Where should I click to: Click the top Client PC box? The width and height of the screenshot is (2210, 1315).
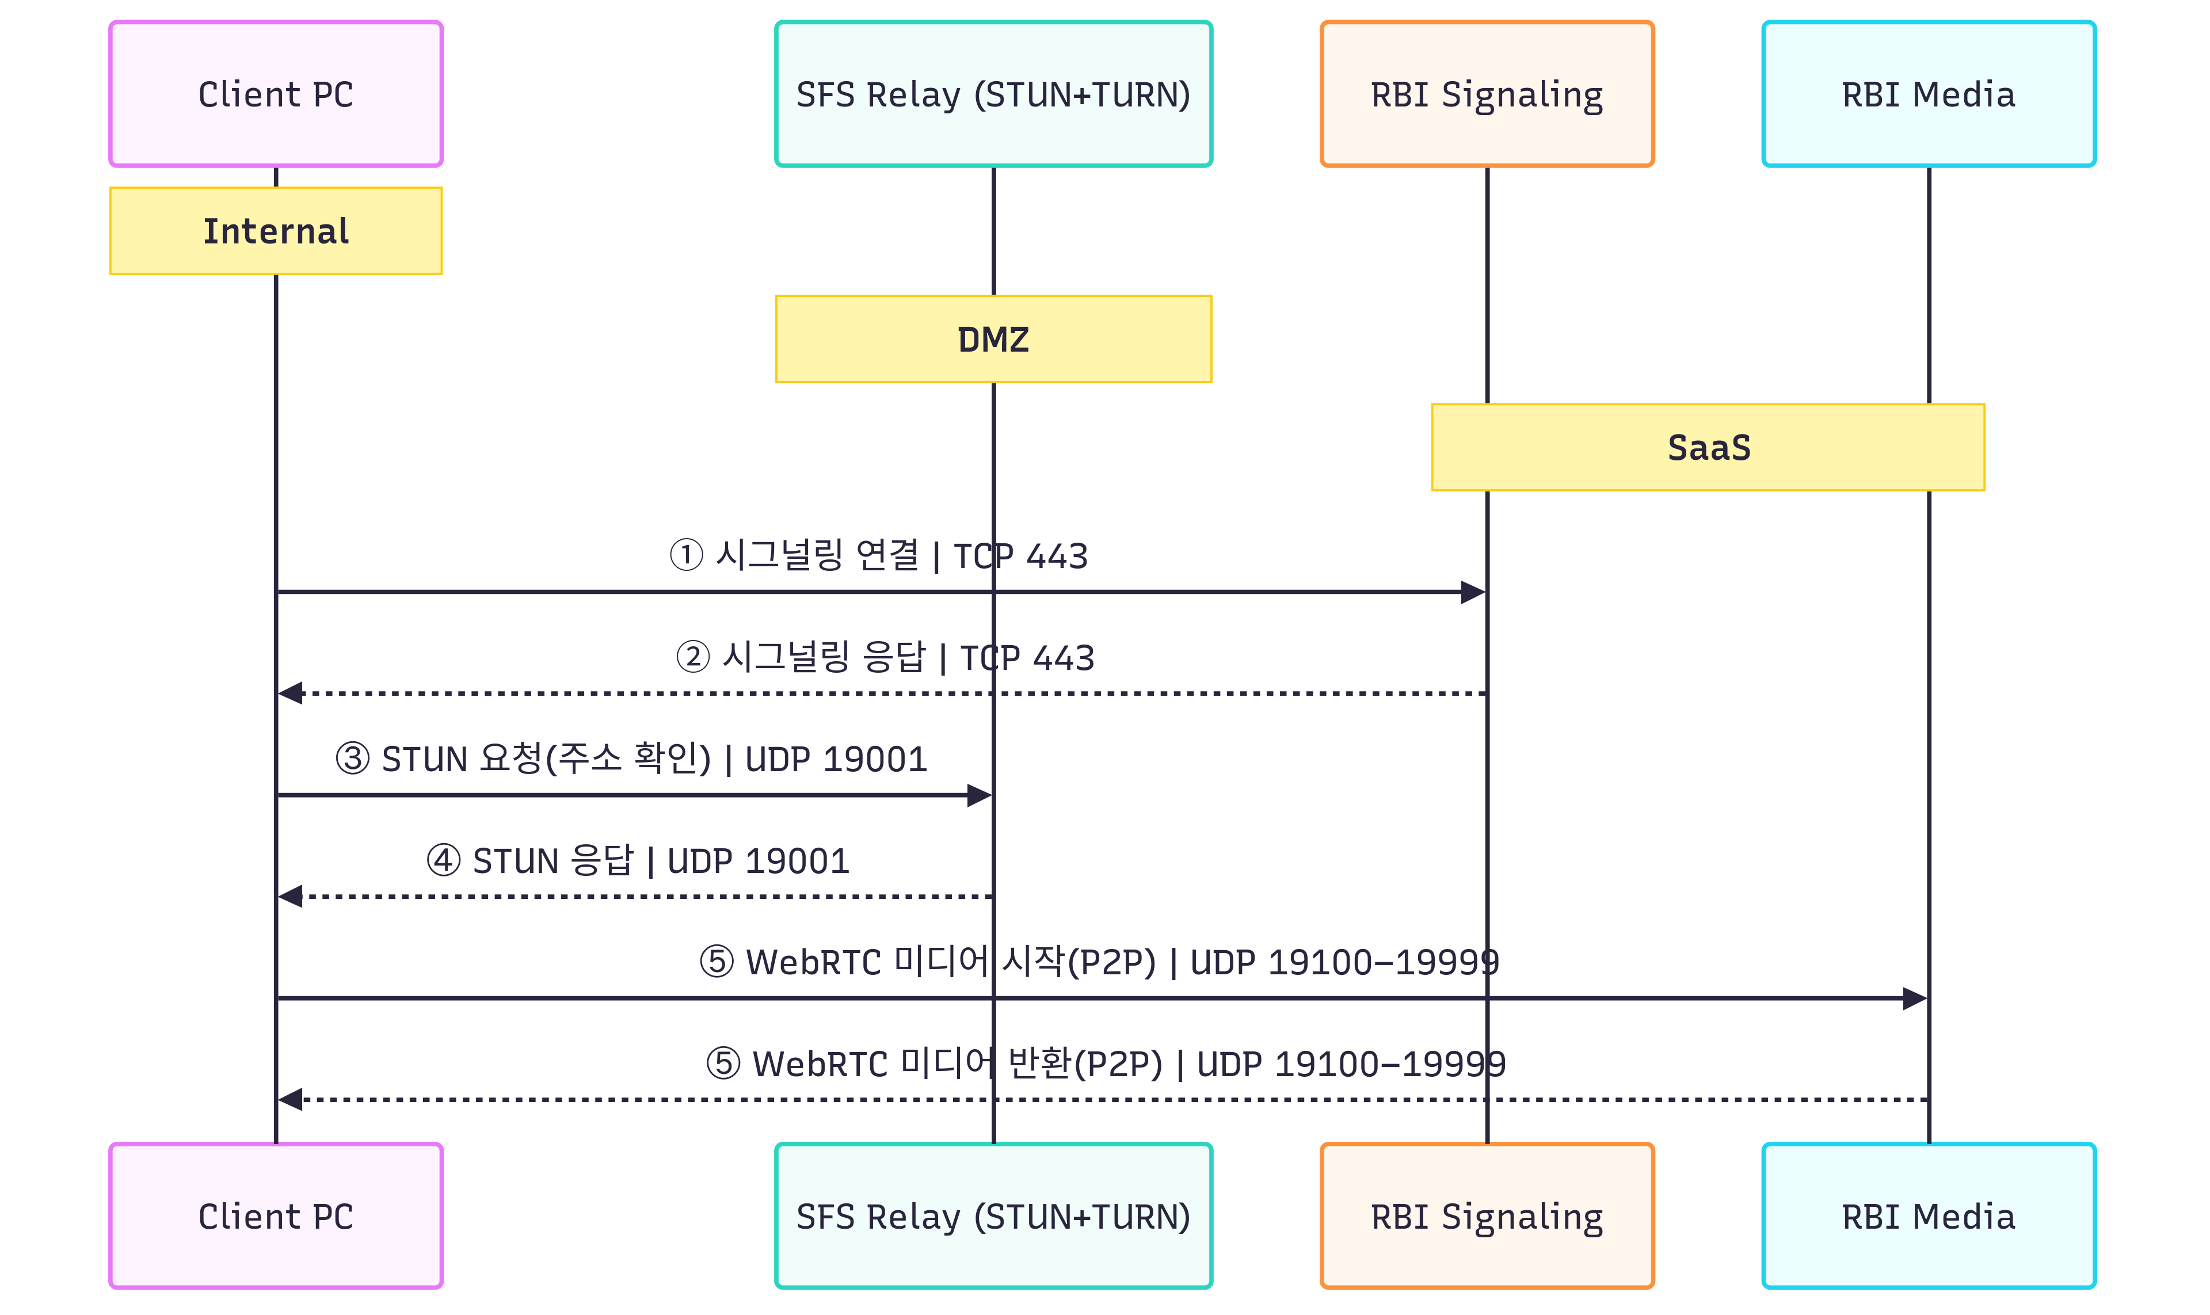tap(276, 94)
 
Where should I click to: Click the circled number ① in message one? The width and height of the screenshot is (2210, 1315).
tap(686, 555)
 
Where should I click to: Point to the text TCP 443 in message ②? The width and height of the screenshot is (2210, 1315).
tap(1027, 657)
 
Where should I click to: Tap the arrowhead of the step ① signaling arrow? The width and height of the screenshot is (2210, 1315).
tap(1473, 592)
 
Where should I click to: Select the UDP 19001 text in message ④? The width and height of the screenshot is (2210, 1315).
tap(757, 860)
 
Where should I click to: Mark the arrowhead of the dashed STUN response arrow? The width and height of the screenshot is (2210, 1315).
tap(291, 897)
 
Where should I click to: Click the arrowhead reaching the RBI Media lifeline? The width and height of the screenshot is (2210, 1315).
tap(1914, 998)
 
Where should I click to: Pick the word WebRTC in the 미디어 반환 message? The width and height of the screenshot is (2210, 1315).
tap(820, 1064)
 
